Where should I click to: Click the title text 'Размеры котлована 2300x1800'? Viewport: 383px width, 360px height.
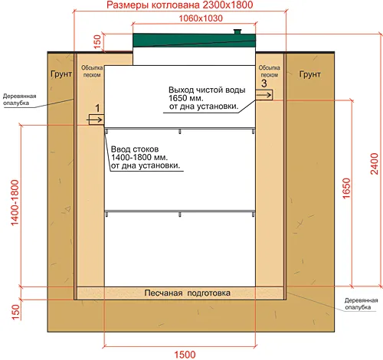[179, 5]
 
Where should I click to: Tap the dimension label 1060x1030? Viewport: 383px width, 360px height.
[201, 18]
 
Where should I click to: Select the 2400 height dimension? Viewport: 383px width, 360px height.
[374, 164]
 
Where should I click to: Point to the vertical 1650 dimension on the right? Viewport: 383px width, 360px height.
[346, 188]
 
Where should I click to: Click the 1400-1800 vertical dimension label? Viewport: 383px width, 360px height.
[15, 203]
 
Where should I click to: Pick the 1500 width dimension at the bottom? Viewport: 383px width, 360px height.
[185, 355]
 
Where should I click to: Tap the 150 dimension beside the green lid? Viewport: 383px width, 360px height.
[97, 42]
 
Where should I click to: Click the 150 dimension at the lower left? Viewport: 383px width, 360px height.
[15, 312]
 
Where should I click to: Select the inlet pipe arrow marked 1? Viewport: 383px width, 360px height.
[96, 119]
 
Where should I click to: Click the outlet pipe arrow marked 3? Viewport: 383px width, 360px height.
[264, 95]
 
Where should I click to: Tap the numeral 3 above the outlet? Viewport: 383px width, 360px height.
[264, 83]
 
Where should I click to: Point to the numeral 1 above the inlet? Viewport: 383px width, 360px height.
[97, 108]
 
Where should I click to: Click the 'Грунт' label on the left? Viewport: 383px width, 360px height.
[61, 74]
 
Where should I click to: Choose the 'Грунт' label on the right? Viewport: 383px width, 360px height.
[309, 74]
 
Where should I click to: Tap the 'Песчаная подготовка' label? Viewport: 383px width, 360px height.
[188, 293]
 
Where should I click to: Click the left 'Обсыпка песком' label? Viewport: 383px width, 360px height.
[92, 71]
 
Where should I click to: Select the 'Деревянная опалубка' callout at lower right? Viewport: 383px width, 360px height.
[360, 304]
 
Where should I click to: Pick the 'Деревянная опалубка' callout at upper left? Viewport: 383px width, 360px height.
[19, 100]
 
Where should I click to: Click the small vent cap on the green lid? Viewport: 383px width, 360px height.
[237, 31]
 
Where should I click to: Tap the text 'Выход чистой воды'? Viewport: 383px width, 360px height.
[207, 90]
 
